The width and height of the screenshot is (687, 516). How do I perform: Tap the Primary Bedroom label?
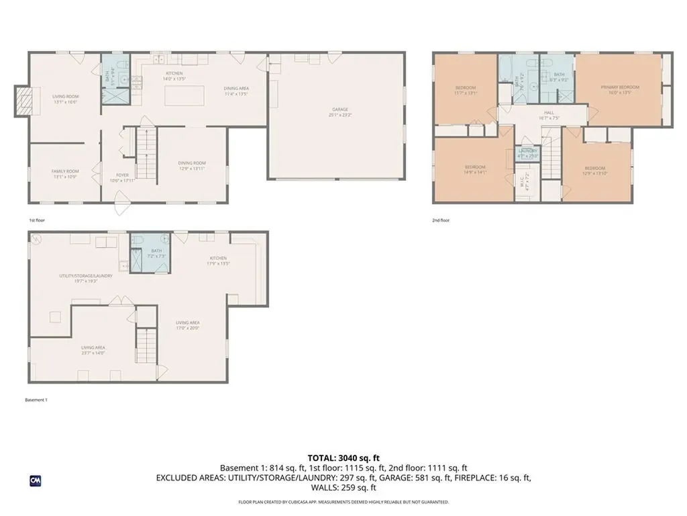pyautogui.click(x=619, y=87)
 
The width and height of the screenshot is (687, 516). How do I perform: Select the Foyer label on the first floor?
pyautogui.click(x=122, y=177)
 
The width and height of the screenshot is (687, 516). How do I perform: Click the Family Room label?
pyautogui.click(x=65, y=171)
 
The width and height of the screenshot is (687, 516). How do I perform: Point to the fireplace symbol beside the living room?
pyautogui.click(x=23, y=101)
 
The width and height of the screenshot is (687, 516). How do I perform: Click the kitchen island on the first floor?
pyautogui.click(x=184, y=95)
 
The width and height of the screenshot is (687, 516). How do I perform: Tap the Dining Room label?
pyautogui.click(x=191, y=163)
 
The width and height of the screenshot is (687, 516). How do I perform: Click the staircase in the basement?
pyautogui.click(x=146, y=345)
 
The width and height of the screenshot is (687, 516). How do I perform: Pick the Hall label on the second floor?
pyautogui.click(x=548, y=113)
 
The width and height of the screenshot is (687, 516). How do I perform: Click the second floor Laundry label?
pyautogui.click(x=527, y=151)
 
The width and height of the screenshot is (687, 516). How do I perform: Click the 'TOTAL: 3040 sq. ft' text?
pyautogui.click(x=343, y=458)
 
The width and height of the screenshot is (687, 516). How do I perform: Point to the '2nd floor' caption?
pyautogui.click(x=441, y=220)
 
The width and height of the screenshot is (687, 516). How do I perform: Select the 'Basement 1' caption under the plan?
pyautogui.click(x=36, y=400)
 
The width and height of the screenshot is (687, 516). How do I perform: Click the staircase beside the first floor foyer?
pyautogui.click(x=146, y=155)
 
